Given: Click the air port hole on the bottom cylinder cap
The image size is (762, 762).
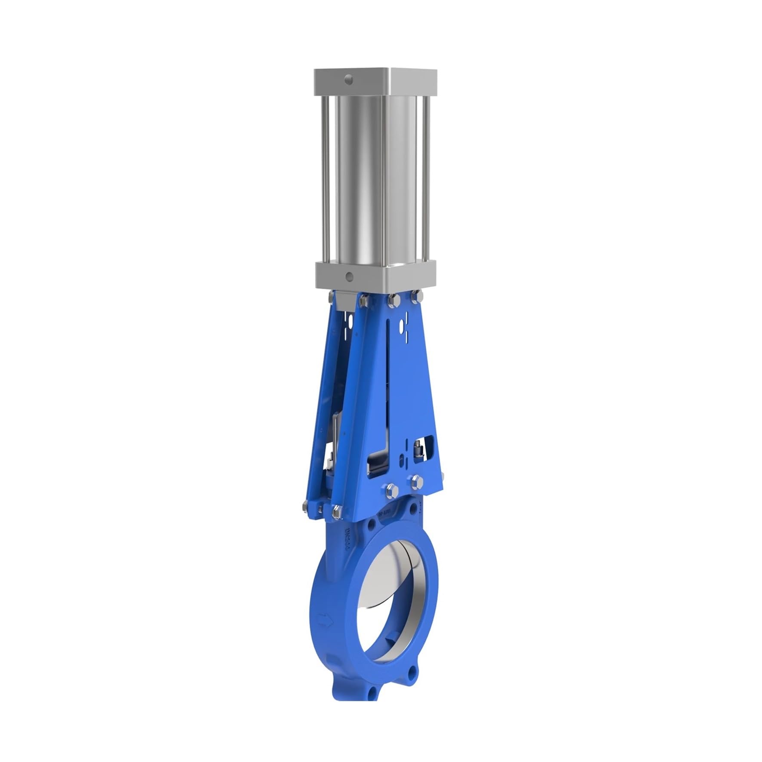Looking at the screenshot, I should click(350, 277).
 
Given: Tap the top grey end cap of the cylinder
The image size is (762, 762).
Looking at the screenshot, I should click(375, 82).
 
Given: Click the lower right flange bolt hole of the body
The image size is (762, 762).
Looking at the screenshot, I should click(414, 672).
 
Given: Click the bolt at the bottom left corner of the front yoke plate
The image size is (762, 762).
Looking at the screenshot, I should click(336, 511).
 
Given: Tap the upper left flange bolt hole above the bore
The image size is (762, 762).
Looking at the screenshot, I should click(369, 526).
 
